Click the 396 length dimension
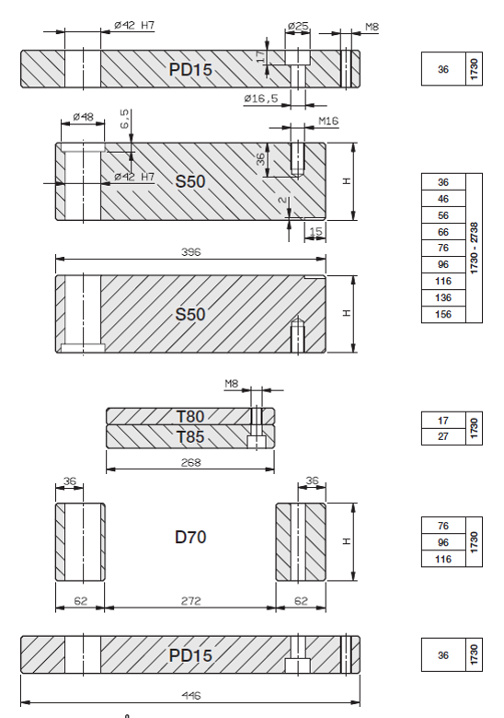tap(190, 252)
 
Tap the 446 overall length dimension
tap(190, 696)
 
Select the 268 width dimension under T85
tap(190, 462)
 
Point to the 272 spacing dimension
tap(190, 601)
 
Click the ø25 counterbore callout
tap(298, 26)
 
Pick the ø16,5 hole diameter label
tap(260, 98)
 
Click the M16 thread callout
tap(328, 121)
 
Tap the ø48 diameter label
tap(84, 117)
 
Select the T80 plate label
tap(190, 416)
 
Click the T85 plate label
tap(190, 437)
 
